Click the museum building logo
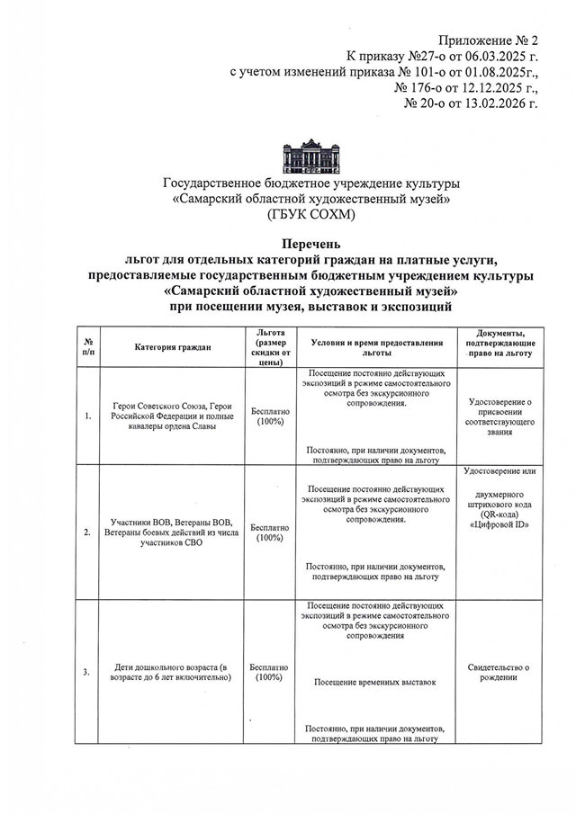[311, 156]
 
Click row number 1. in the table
[86, 416]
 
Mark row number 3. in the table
[86, 672]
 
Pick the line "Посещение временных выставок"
[375, 683]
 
